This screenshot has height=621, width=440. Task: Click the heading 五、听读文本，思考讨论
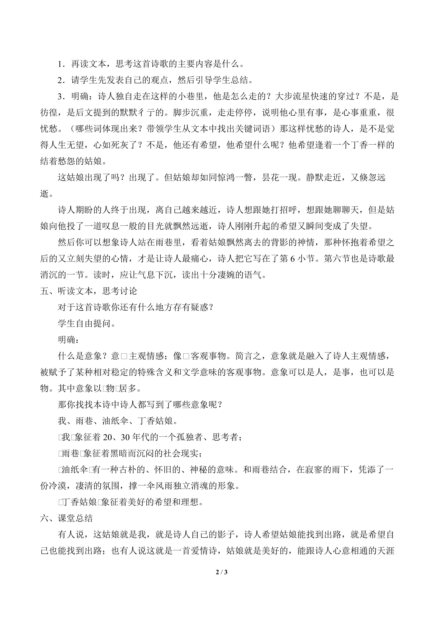coord(89,291)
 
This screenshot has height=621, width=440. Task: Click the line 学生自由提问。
coord(87,324)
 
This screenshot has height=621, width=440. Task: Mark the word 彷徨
coord(49,113)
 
